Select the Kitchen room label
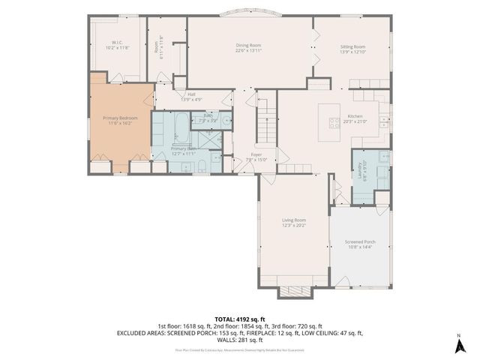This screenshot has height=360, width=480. coord(354,116)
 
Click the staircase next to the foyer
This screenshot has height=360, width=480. coord(267,127)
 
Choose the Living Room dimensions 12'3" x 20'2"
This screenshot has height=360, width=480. coord(294,225)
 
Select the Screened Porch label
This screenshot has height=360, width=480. coord(360,241)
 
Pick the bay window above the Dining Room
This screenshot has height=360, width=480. coord(250,13)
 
